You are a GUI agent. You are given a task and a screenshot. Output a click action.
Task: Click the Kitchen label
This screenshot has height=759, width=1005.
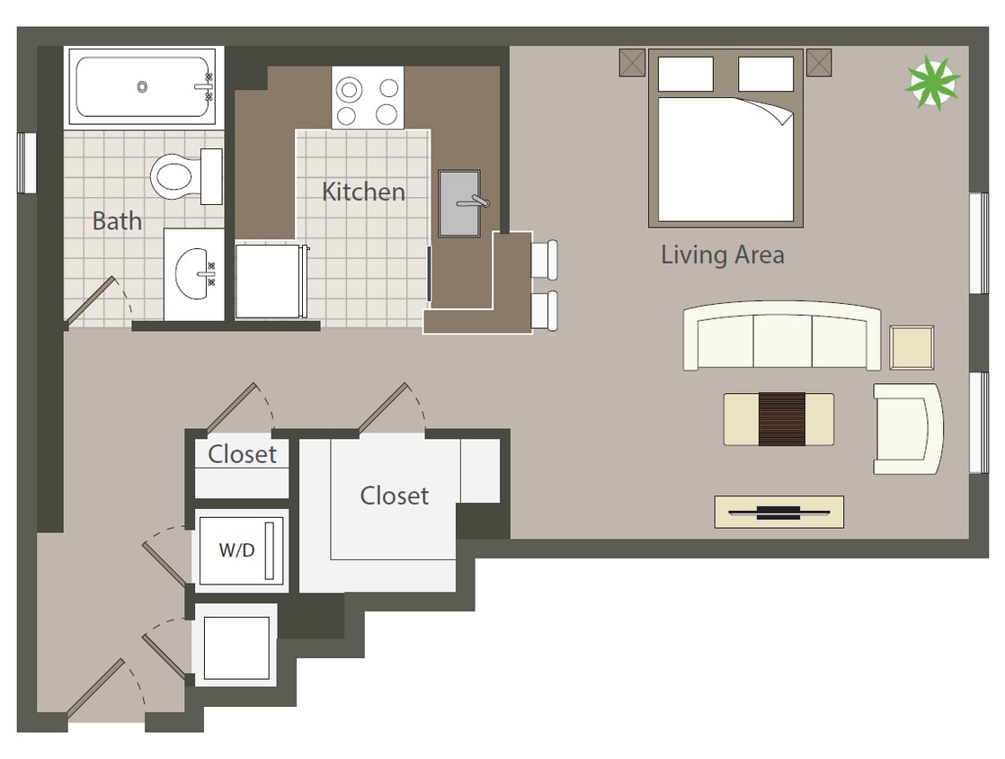363,192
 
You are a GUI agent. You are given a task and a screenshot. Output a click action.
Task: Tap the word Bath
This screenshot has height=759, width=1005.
117,221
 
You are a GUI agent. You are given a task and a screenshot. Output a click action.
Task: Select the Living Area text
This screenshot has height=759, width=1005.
722,254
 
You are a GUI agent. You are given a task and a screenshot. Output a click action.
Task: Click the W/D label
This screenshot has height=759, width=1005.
236,550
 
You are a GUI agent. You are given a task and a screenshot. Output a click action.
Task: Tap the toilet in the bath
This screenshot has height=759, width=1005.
182,176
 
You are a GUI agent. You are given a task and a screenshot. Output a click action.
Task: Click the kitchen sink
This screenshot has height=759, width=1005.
459,203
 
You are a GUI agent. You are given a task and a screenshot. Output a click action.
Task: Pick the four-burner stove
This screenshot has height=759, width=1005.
367,98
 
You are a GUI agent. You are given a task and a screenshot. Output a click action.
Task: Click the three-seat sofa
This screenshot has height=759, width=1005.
781,338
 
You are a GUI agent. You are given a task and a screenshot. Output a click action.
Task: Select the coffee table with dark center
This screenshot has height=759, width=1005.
778,419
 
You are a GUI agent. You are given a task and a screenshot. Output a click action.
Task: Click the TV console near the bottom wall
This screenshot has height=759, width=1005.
778,512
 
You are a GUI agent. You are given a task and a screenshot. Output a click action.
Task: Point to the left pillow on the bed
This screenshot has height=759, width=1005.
685,74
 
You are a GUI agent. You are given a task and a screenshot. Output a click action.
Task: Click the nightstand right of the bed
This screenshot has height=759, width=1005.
819,63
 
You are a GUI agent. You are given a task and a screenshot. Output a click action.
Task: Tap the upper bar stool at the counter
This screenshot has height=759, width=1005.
544,259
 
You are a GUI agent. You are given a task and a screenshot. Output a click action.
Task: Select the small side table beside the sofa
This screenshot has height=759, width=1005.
912,347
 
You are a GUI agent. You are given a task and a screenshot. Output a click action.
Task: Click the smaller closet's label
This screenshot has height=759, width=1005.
242,454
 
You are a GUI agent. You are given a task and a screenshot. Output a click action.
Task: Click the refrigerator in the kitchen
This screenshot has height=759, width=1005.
270,280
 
